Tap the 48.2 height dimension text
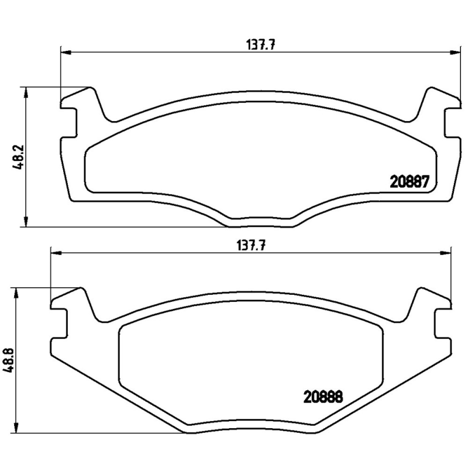click(x=19, y=157)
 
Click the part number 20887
click(x=410, y=182)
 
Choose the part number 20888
click(x=322, y=397)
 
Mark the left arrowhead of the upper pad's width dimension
click(x=65, y=53)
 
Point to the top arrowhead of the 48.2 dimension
click(x=26, y=91)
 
